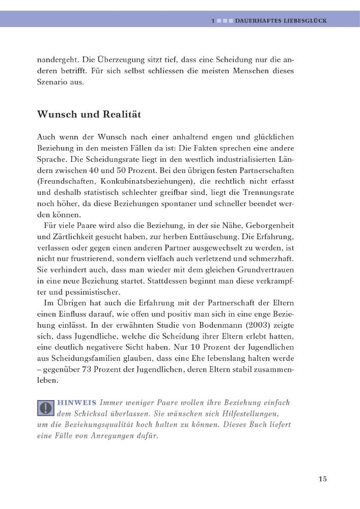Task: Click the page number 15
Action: coord(322,479)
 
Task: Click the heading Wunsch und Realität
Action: coord(89,115)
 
